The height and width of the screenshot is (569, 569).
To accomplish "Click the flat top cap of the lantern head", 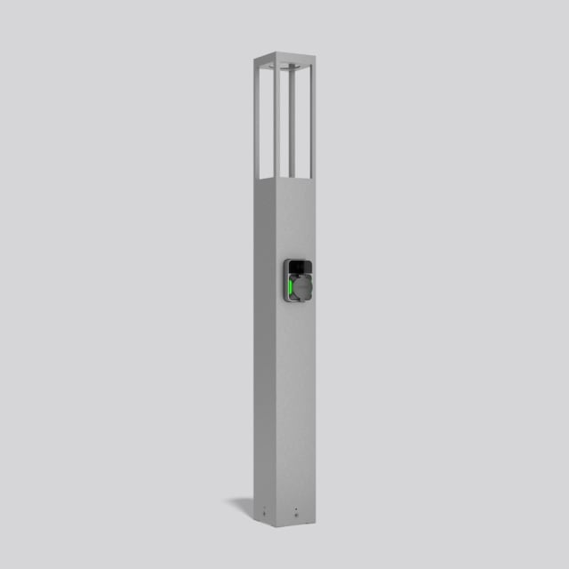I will (283, 58).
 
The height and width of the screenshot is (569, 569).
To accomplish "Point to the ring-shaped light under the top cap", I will (284, 68).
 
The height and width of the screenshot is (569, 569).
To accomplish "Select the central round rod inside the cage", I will (289, 120).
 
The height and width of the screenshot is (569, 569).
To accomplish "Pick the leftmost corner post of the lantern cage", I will (256, 120).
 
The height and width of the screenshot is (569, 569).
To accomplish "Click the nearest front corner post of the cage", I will (276, 124).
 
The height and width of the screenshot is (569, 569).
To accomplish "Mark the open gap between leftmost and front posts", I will (266, 124).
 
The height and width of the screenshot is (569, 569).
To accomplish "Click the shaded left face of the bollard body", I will (264, 356).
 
